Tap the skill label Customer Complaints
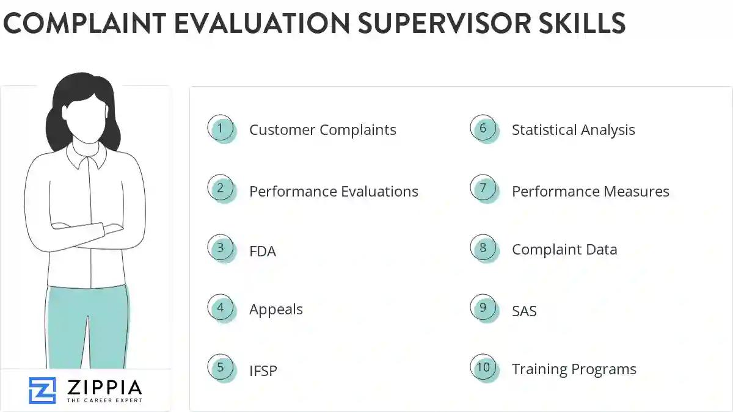(x=323, y=130)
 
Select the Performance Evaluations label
(x=334, y=191)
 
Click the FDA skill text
(x=263, y=251)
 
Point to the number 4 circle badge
(x=221, y=308)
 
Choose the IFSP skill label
(x=263, y=370)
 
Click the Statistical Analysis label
(x=573, y=130)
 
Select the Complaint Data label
(x=564, y=250)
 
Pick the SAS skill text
(x=524, y=311)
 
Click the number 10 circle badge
(x=483, y=367)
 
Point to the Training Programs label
(x=574, y=369)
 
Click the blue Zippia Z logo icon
(x=42, y=390)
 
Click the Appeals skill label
(x=275, y=309)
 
